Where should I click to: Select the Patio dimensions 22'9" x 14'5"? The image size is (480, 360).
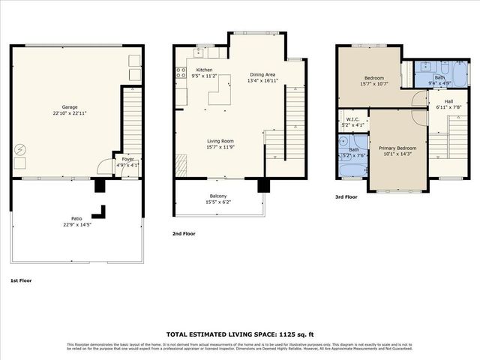click(72, 224)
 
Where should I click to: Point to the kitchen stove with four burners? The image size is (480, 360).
click(181, 73)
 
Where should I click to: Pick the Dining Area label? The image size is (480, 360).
click(263, 74)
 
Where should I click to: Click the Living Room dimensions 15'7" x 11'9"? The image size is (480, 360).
click(220, 147)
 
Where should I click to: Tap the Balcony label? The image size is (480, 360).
click(219, 196)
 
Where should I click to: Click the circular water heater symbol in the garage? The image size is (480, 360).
click(19, 149)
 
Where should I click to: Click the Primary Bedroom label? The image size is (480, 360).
click(397, 148)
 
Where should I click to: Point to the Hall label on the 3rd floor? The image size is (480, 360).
click(448, 100)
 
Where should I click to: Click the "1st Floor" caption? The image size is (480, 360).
click(21, 280)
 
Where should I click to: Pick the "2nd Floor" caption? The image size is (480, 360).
click(184, 234)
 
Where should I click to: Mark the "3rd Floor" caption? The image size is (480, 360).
click(347, 197)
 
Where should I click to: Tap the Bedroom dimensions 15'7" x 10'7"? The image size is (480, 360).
click(374, 84)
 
